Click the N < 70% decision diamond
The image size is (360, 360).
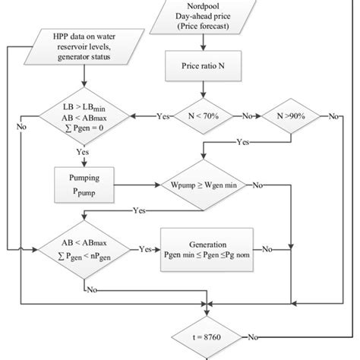(x=202, y=116)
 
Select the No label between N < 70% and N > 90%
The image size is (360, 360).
(x=245, y=117)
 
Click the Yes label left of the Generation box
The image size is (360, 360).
(x=144, y=248)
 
